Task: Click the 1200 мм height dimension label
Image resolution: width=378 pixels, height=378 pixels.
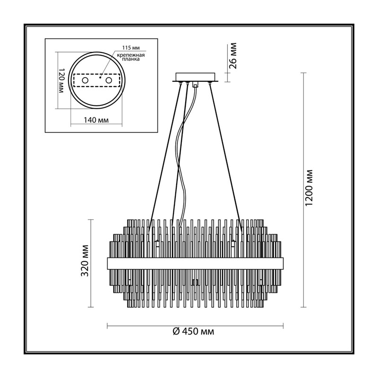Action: click(309, 188)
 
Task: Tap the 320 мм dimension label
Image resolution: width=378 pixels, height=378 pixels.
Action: click(85, 261)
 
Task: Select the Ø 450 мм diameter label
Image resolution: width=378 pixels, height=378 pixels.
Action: click(193, 332)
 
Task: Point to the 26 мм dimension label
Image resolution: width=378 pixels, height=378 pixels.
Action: click(233, 56)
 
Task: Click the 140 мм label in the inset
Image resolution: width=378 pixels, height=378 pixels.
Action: click(96, 120)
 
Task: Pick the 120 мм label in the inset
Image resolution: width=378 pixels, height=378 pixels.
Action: click(61, 80)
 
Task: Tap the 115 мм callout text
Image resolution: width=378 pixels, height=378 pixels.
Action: click(131, 48)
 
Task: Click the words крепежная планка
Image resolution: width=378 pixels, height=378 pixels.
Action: click(131, 57)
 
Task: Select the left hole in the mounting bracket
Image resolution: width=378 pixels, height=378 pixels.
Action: click(85, 80)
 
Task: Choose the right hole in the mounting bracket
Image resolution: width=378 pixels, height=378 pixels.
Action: click(109, 80)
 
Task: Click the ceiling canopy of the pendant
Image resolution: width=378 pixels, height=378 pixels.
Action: click(196, 77)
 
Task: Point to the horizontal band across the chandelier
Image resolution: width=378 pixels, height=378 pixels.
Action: click(195, 264)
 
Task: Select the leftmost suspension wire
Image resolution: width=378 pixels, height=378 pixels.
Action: click(164, 157)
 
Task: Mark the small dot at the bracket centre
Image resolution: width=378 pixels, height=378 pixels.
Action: click(100, 77)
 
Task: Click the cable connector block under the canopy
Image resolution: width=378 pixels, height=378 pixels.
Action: click(195, 85)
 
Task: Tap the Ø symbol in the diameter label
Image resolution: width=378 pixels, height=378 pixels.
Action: click(176, 332)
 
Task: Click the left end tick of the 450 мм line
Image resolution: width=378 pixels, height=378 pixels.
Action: click(107, 326)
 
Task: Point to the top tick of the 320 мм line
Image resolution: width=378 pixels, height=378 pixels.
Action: click(91, 219)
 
